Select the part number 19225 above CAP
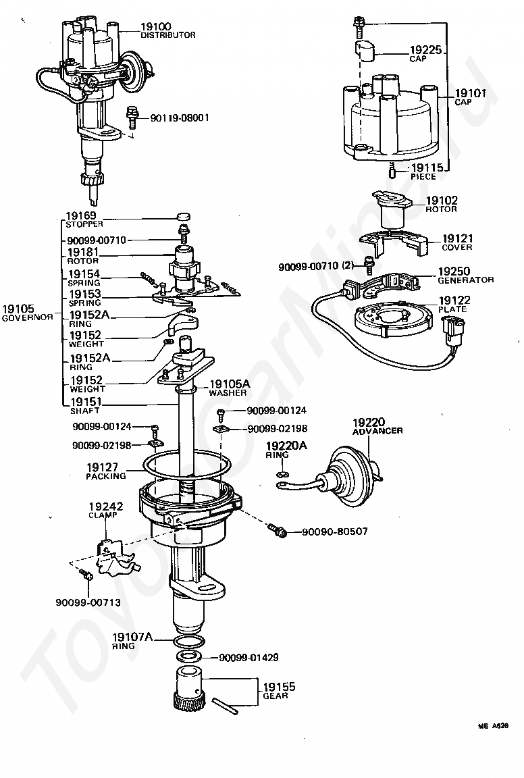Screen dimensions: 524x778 pos(425,49)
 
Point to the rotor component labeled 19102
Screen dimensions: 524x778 pos(392,209)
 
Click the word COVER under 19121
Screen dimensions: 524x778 pos(456,247)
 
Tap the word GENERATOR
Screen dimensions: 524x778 pos(465,280)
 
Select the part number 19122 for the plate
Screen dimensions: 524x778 pos(454,300)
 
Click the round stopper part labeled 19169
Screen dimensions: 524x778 pos(184,216)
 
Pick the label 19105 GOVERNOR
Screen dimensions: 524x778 pos(27,313)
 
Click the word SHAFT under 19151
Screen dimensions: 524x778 pos(85,411)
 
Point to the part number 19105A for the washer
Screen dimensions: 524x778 pos(230,384)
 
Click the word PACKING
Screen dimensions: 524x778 pos(106,476)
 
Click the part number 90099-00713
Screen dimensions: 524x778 pos(88,602)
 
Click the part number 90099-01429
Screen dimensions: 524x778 pos(248,657)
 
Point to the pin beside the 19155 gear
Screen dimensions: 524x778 pos(225,706)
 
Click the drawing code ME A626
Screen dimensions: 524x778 pos(493,725)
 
